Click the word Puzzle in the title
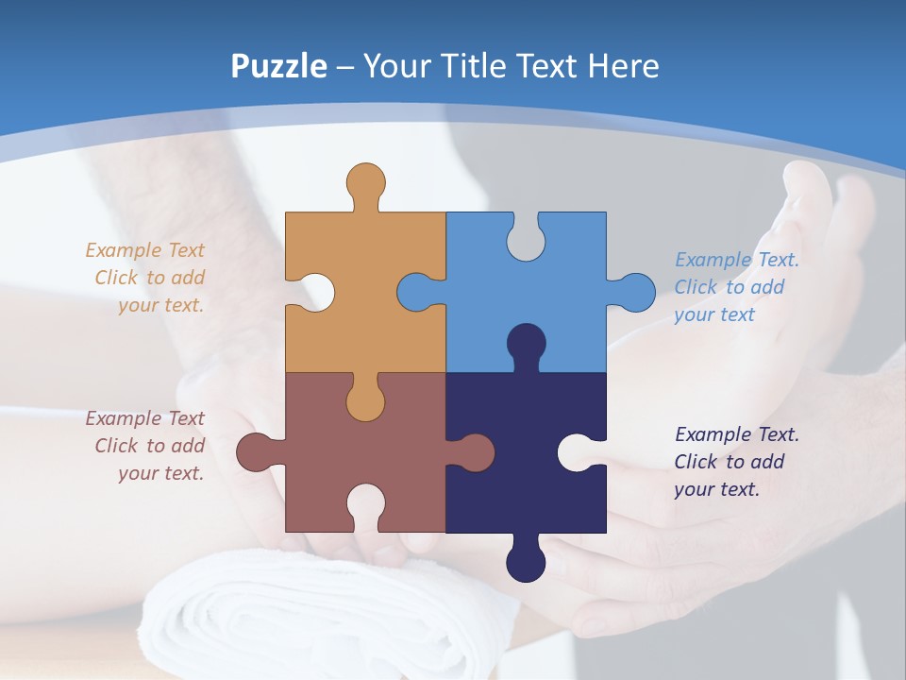click(x=279, y=67)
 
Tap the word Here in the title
click(x=623, y=67)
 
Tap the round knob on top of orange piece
click(x=365, y=181)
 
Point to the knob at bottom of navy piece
click(x=526, y=563)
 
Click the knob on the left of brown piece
click(x=254, y=451)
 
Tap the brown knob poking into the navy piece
click(x=476, y=451)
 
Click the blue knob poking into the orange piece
click(x=415, y=292)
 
